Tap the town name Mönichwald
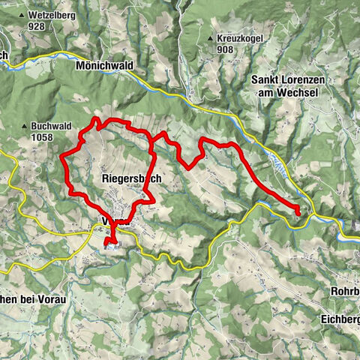[x=104, y=66]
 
